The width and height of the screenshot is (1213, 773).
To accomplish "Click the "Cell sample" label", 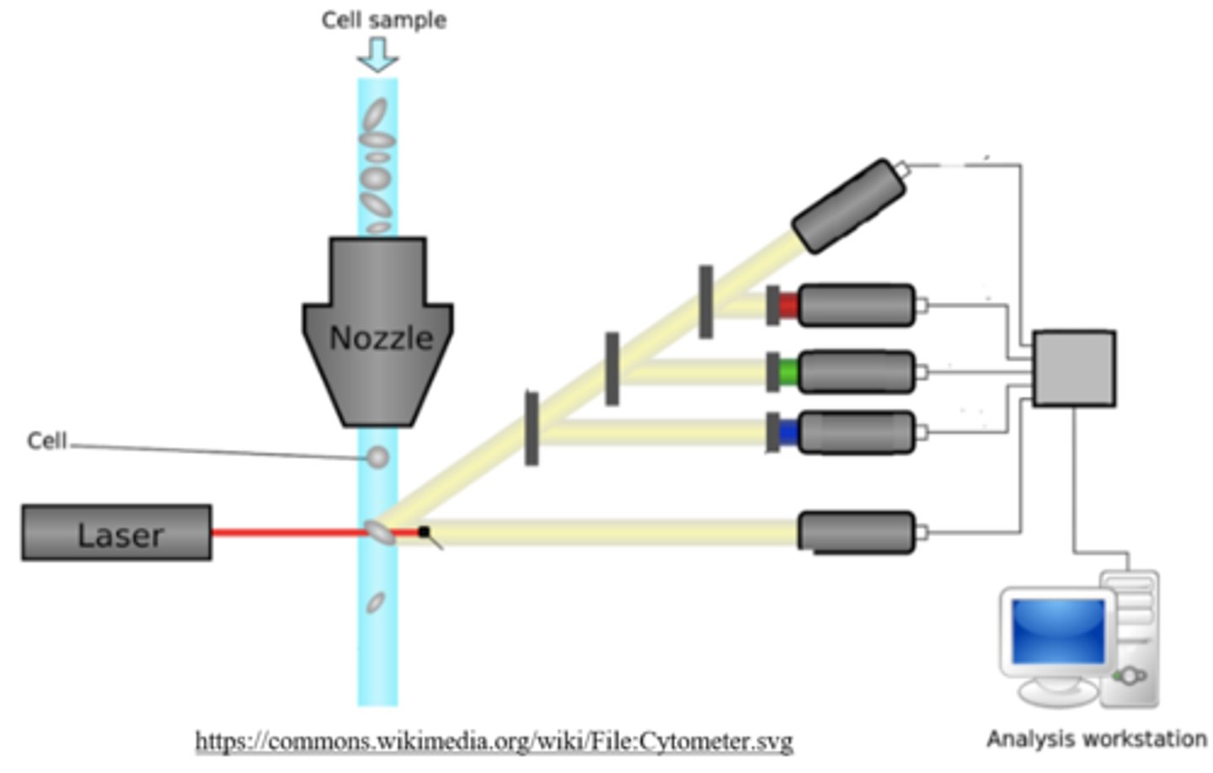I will (x=383, y=20).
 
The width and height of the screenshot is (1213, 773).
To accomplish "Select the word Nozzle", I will (x=381, y=339).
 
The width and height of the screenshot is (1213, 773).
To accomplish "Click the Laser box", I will (x=116, y=533).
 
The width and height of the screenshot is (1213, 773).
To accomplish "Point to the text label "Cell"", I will (x=46, y=441).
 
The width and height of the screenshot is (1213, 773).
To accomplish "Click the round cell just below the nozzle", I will (x=378, y=457).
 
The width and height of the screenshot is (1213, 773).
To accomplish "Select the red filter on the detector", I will (x=788, y=305).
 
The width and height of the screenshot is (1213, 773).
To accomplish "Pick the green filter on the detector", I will (x=788, y=371).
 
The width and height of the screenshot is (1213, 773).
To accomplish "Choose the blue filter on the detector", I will (x=788, y=433).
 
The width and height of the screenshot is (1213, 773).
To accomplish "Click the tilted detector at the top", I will (x=849, y=205).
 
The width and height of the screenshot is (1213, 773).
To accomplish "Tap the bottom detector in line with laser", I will (x=855, y=532).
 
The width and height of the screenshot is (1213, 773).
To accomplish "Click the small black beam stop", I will (x=424, y=531).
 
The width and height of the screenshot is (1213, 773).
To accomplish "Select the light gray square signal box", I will (x=1074, y=369).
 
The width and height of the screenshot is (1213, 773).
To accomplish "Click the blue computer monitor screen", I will (x=1058, y=631).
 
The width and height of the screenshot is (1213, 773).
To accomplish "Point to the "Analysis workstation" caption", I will (x=1096, y=739).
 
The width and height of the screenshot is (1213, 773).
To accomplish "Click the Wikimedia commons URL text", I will (x=494, y=741).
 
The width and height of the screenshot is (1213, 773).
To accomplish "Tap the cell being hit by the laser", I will (x=379, y=532).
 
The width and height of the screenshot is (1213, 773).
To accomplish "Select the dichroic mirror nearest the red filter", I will (x=706, y=301).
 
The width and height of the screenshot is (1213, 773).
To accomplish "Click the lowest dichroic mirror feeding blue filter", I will (x=532, y=428).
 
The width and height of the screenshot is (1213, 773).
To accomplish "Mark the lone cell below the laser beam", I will (x=376, y=602).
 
